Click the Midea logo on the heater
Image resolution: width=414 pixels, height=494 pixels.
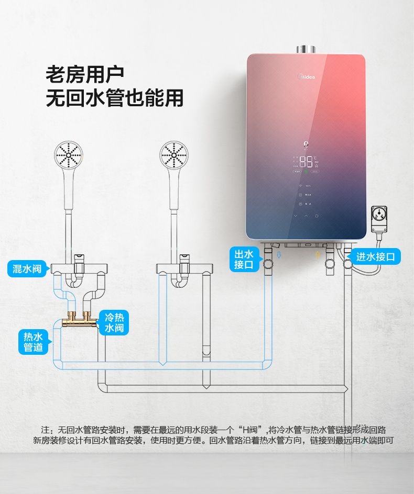(x=307, y=77)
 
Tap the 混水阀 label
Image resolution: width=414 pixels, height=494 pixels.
(x=27, y=269)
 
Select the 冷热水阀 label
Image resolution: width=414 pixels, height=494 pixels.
(x=114, y=322)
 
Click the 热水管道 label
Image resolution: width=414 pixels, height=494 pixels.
(x=33, y=341)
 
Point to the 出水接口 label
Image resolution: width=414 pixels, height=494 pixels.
(x=244, y=260)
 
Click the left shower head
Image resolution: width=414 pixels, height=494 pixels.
(x=69, y=156)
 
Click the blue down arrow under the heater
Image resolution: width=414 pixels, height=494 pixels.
(x=279, y=255)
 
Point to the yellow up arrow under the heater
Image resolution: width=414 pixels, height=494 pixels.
(x=316, y=255)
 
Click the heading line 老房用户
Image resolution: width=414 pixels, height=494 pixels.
(x=85, y=74)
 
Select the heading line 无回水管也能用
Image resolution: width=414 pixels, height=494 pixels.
(x=115, y=98)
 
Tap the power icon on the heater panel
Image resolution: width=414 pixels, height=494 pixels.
(x=317, y=216)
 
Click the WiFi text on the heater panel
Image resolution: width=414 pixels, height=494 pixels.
(x=308, y=186)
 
